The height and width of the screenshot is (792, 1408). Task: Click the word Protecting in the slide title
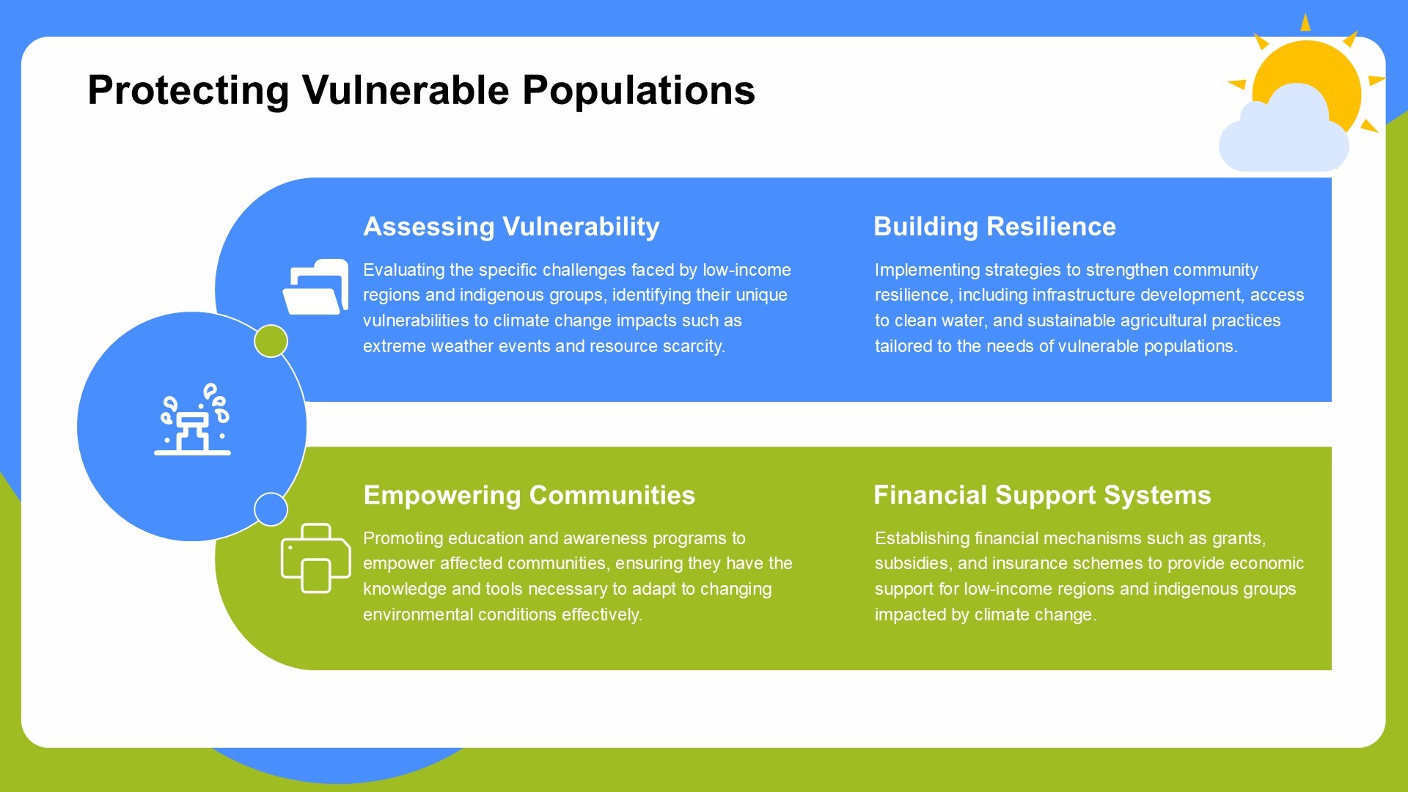tap(188, 91)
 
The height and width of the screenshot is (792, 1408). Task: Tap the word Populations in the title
tap(639, 91)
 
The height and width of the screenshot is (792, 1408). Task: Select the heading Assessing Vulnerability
tap(511, 227)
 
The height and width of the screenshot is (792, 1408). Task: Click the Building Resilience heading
tap(994, 227)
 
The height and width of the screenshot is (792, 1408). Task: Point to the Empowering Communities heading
tap(529, 496)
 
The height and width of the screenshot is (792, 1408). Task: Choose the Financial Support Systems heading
tap(1042, 496)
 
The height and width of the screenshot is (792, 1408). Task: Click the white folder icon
tap(315, 287)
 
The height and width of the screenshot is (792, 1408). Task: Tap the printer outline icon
tap(316, 558)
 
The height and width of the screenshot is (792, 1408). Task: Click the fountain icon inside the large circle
tap(193, 419)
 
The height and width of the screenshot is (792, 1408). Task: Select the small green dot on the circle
tap(271, 341)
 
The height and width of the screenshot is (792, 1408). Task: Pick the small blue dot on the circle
tap(271, 509)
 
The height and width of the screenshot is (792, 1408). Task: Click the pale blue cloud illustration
tap(1283, 131)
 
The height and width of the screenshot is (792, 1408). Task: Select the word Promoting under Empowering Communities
tap(403, 538)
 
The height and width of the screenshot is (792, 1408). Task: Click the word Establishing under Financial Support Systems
tap(923, 538)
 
